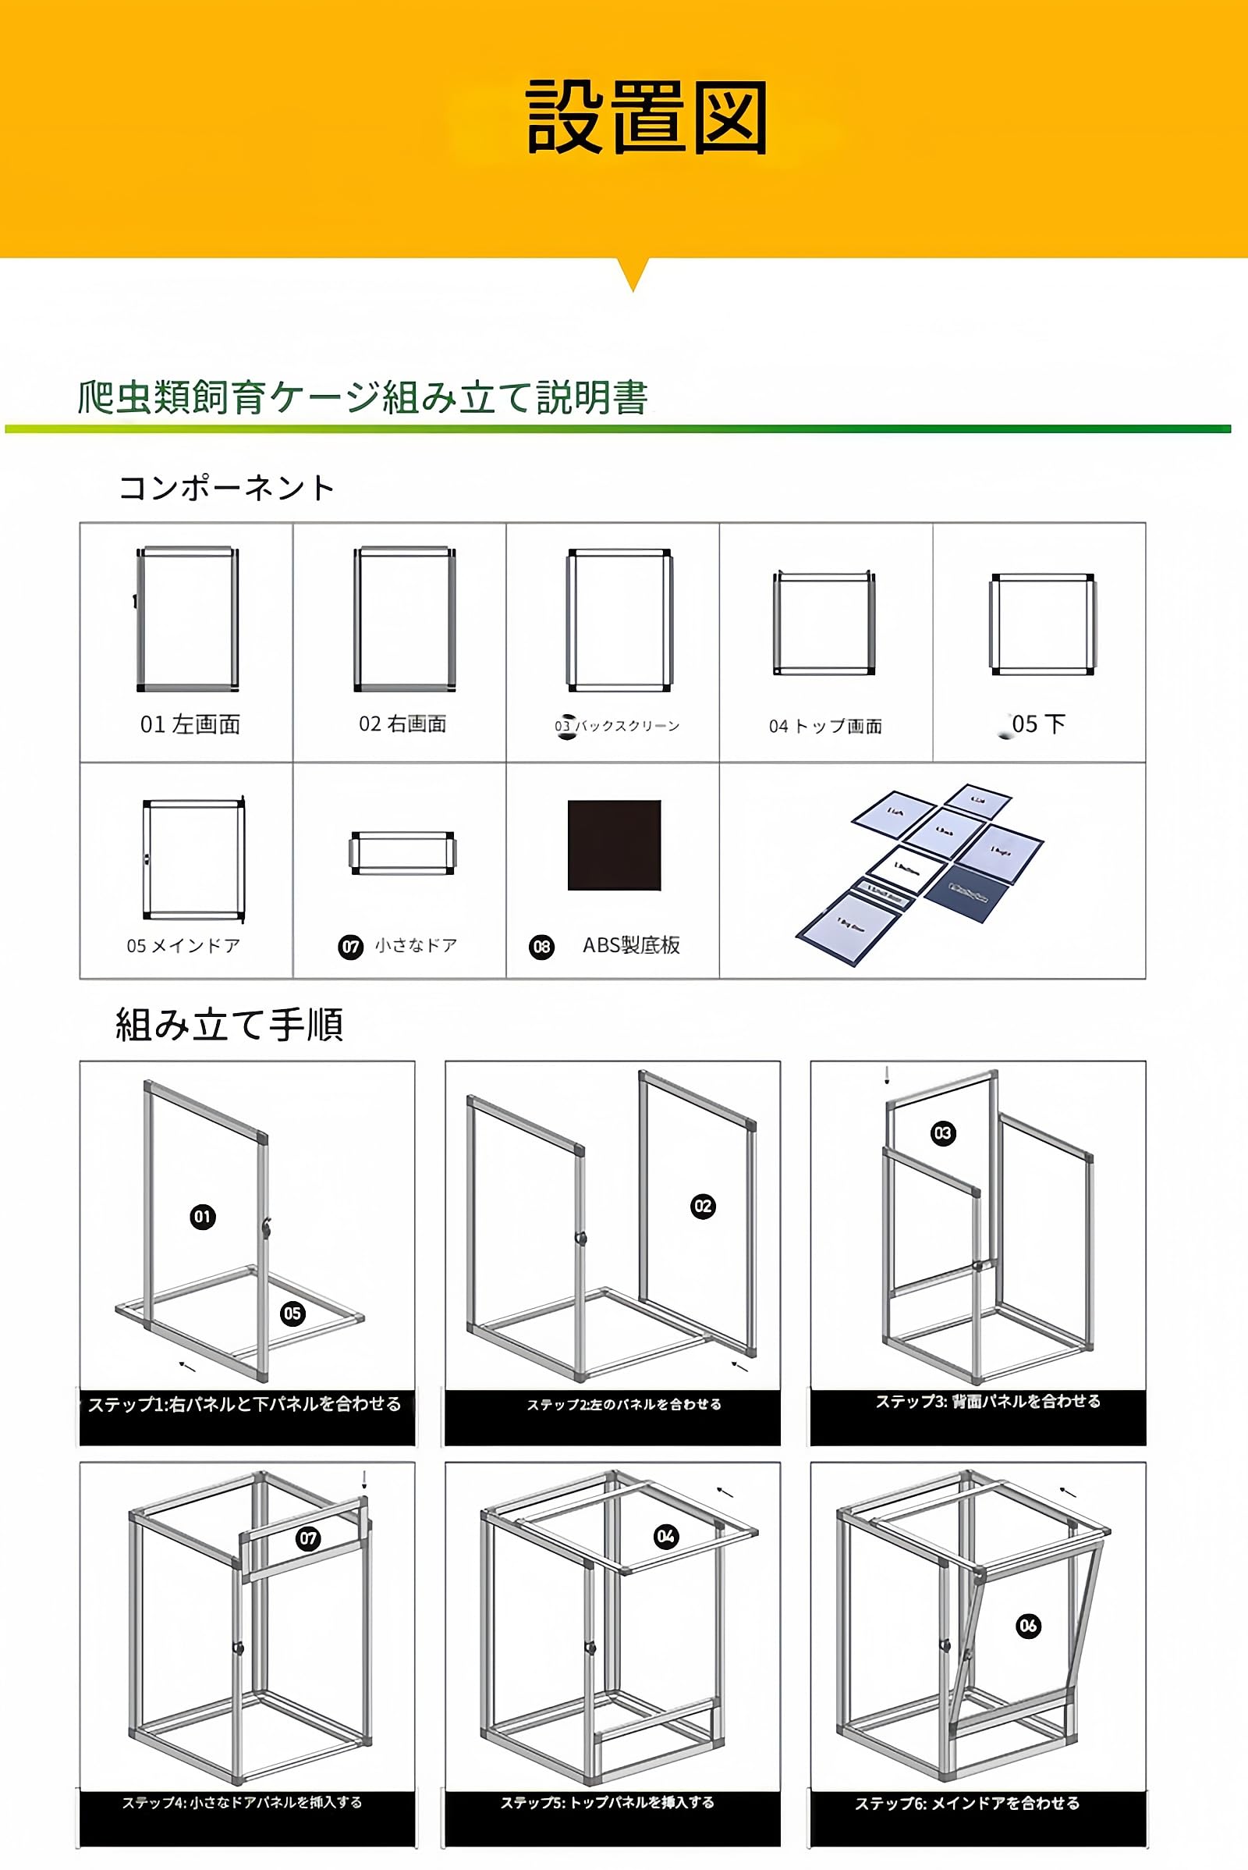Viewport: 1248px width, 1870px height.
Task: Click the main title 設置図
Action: [x=646, y=117]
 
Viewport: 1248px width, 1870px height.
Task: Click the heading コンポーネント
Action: [x=227, y=488]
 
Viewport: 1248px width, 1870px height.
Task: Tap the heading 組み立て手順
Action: [x=229, y=1024]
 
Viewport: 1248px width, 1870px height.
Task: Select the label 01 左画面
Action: [x=190, y=724]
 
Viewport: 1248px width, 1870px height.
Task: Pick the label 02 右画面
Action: [x=402, y=723]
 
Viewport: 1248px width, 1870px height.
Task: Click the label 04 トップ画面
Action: [x=825, y=726]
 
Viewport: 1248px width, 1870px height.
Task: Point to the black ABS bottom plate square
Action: [x=614, y=845]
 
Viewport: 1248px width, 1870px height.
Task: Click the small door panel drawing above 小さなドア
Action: [x=402, y=853]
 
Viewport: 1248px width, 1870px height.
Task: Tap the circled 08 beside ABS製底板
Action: [x=541, y=946]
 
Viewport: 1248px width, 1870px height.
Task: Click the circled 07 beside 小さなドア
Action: [x=350, y=946]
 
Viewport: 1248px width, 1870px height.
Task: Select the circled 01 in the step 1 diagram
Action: [x=202, y=1216]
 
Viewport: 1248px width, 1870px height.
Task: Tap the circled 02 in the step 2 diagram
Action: [x=702, y=1206]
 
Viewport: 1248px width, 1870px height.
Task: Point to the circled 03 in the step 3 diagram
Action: [x=942, y=1132]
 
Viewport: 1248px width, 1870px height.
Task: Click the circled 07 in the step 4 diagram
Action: [x=308, y=1538]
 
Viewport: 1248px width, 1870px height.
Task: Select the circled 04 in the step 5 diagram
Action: [x=665, y=1536]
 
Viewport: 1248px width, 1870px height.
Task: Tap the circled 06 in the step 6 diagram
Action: [x=1027, y=1626]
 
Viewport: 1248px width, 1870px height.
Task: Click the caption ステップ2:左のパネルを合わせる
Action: [x=624, y=1404]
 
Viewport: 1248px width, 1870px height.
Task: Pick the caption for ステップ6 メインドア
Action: [x=967, y=1803]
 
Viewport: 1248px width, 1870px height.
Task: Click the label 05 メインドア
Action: [x=183, y=945]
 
